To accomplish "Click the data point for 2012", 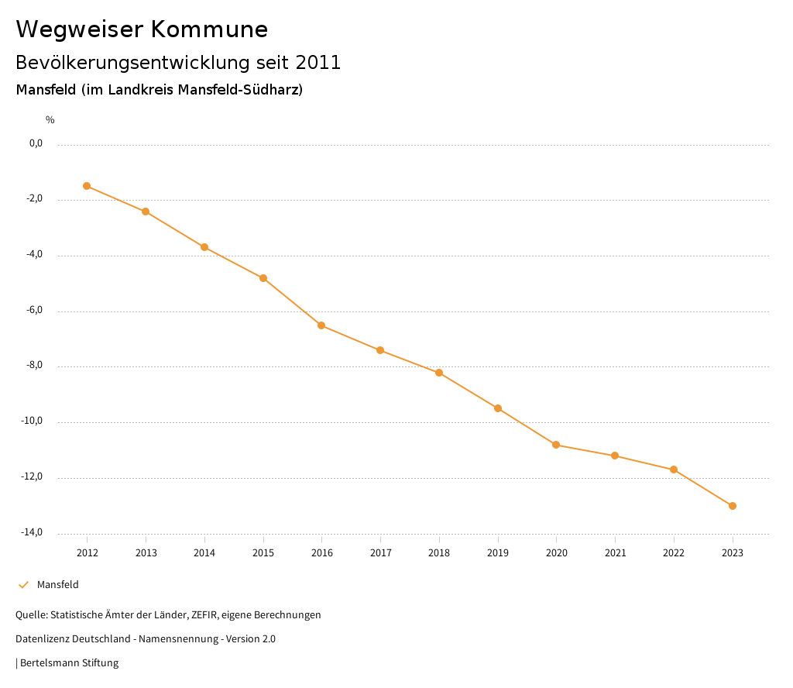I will (87, 186).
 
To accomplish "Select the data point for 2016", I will (321, 325).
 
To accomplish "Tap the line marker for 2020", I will (556, 445).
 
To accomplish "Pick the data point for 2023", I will (733, 506).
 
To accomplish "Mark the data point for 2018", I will (439, 373).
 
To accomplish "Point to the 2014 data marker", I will (204, 247).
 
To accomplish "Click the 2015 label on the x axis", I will (263, 552).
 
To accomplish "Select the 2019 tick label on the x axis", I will (498, 552).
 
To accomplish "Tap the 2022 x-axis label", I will (674, 552).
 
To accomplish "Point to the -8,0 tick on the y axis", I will (36, 366).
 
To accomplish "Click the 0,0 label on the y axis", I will (36, 143).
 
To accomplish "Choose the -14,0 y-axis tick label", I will (33, 532).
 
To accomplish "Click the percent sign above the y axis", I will (50, 120).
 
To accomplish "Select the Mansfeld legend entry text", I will (58, 585).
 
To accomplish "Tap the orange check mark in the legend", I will (23, 585).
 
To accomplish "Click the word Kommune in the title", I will (209, 29).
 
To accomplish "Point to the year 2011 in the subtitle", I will (318, 63).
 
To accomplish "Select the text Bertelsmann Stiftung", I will (69, 663).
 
